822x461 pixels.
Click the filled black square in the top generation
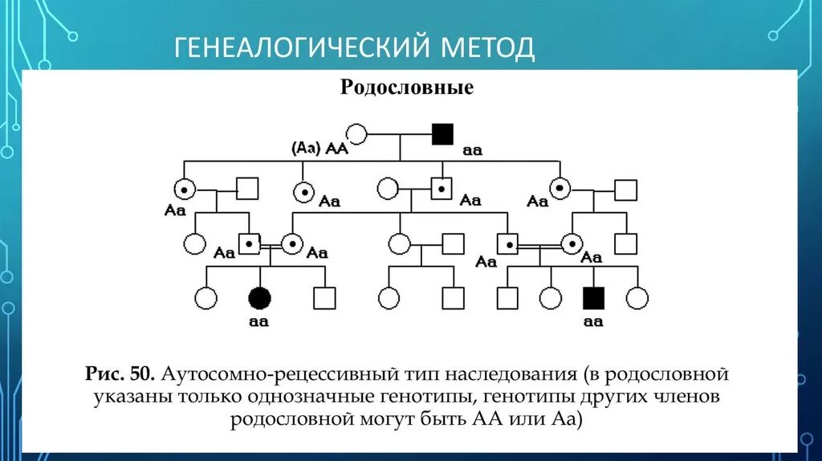click(442, 134)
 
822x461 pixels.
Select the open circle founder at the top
click(356, 134)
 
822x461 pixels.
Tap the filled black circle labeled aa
click(259, 298)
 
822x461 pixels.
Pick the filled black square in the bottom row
click(593, 298)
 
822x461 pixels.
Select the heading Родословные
click(406, 88)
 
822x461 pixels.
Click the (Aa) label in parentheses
click(306, 148)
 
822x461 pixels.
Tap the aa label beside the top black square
click(472, 149)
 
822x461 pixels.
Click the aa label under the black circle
click(258, 322)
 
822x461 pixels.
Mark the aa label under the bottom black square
click(592, 322)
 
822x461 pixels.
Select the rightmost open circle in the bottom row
click(637, 298)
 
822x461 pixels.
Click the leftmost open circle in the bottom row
click(206, 298)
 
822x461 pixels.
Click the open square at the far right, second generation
click(625, 190)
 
